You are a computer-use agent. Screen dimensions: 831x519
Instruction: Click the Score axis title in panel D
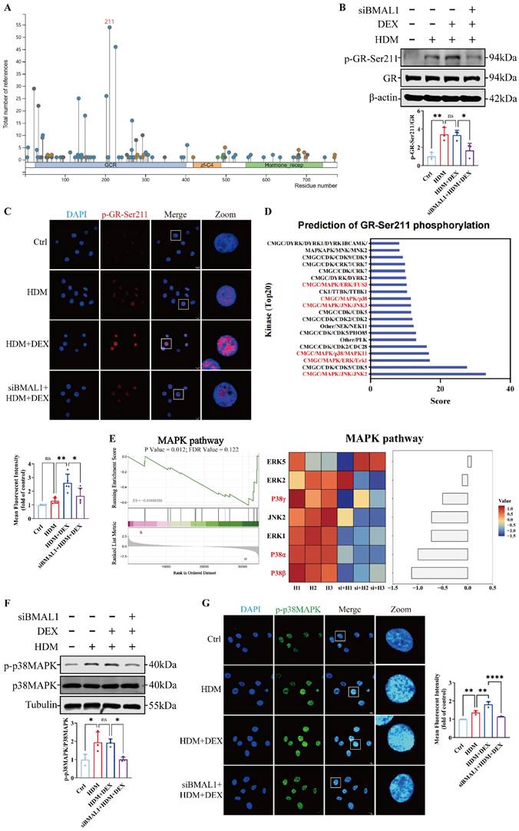(440, 401)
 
